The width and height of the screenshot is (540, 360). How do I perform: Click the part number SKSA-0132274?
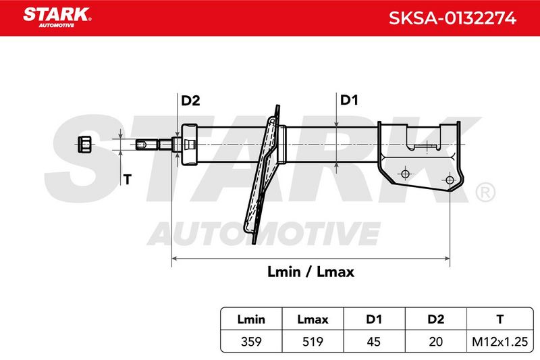point(452,18)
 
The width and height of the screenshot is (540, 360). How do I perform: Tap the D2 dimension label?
point(190,101)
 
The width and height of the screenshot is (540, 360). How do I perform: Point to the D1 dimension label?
point(349,100)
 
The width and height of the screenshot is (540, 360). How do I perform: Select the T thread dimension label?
point(128,180)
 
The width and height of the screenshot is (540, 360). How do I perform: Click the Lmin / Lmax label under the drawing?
point(310,272)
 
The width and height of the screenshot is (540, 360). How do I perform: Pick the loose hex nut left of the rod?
point(84,144)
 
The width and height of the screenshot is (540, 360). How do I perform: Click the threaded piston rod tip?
point(147,145)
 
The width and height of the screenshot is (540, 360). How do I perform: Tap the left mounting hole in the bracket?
point(406,174)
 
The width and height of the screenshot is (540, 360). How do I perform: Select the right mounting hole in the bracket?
point(450,180)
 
